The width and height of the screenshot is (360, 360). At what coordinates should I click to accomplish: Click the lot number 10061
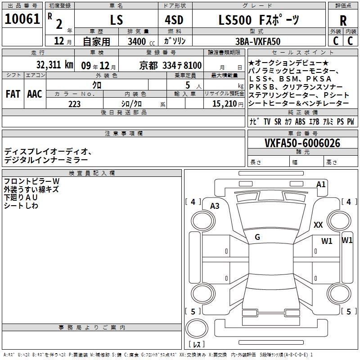point(22,19)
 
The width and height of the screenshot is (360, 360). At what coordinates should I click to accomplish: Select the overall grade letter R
point(343,21)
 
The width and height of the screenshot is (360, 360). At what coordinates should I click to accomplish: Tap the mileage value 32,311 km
point(54,65)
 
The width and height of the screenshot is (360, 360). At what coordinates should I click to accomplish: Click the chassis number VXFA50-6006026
point(302,143)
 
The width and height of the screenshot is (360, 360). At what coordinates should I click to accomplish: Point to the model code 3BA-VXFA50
point(258,41)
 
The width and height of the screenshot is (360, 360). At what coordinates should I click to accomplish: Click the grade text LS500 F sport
point(259,20)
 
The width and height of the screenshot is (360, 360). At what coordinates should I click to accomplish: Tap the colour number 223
point(74,104)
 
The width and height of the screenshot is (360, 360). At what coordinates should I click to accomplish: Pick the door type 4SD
point(174,20)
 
